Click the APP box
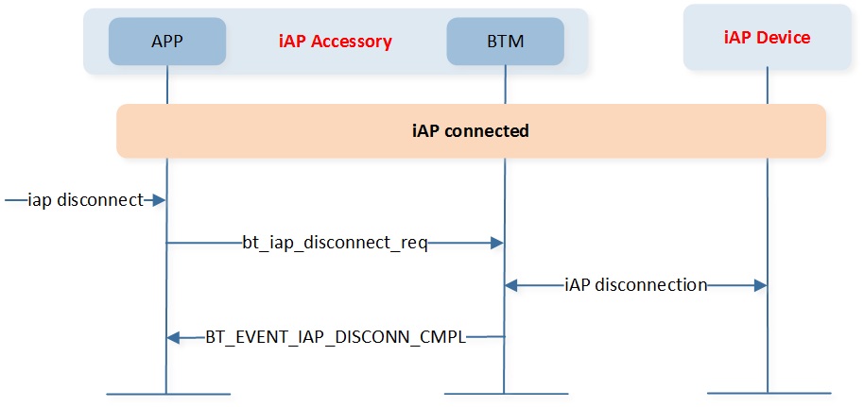coord(167,42)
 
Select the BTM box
coord(506,42)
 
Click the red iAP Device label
coord(767,38)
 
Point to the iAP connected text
coord(471,131)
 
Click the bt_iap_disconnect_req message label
coord(335,244)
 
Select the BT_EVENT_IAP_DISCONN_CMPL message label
coord(337,337)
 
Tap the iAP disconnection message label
coord(636,285)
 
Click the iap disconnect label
coord(85,200)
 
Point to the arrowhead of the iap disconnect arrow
coord(160,200)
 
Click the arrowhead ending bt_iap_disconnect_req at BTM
coord(497,243)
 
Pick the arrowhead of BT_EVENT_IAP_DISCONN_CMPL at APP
coord(173,337)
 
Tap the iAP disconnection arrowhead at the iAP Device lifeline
coord(760,285)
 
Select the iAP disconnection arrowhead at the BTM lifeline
coord(512,285)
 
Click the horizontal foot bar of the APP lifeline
coord(168,394)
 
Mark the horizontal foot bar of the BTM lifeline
coord(506,394)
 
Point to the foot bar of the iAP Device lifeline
coord(769,393)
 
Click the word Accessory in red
coord(357,42)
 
